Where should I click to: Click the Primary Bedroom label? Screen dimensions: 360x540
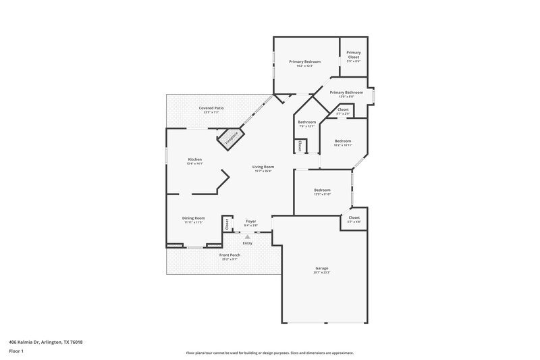(x=304, y=61)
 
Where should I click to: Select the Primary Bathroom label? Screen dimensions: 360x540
(x=350, y=92)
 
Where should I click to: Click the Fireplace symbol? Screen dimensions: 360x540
(x=230, y=138)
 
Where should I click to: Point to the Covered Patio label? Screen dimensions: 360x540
(x=211, y=108)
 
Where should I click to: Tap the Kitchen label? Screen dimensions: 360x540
(x=194, y=159)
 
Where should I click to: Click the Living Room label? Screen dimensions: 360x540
(x=263, y=166)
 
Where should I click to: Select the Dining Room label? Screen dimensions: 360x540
(x=193, y=218)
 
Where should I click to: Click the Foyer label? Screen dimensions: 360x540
(x=250, y=221)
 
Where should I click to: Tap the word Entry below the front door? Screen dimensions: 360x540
(x=248, y=243)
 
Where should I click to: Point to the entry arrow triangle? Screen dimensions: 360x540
(x=248, y=237)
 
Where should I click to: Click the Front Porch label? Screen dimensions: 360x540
(x=230, y=255)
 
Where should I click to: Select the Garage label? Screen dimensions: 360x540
(x=321, y=268)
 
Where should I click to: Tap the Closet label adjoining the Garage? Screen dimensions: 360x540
(x=354, y=218)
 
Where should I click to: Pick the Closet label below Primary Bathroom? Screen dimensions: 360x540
(x=343, y=109)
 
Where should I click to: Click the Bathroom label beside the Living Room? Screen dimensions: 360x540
(x=307, y=122)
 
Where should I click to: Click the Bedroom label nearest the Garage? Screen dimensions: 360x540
(x=322, y=190)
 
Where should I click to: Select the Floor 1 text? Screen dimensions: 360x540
(x=16, y=352)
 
